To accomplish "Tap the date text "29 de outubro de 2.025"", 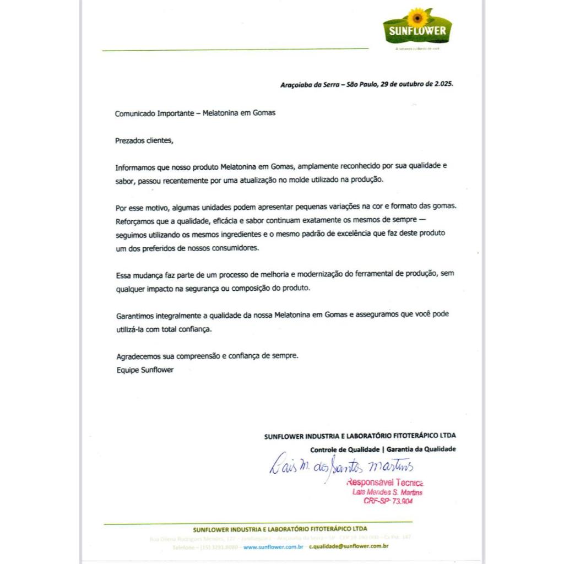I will pyautogui.click(x=417, y=85).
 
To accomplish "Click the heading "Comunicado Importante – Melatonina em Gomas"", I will pyautogui.click(x=195, y=113).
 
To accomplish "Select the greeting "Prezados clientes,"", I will pyautogui.click(x=144, y=140).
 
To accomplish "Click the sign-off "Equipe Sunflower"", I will pyautogui.click(x=145, y=370).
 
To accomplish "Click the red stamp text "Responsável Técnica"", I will pyautogui.click(x=384, y=482).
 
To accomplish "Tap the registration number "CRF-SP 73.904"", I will pyautogui.click(x=388, y=501).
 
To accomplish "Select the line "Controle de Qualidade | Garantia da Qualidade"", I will pyautogui.click(x=383, y=449).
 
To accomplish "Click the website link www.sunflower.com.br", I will pyautogui.click(x=273, y=547).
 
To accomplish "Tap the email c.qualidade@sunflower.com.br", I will pyautogui.click(x=349, y=547).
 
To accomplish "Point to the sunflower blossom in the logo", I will pyautogui.click(x=417, y=18).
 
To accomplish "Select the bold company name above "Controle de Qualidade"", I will pyautogui.click(x=360, y=436).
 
